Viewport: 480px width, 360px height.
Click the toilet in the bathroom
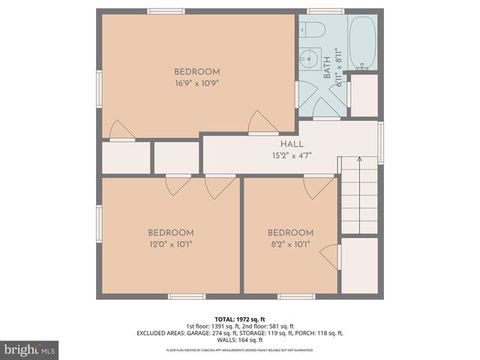313,30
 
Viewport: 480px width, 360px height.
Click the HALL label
292,145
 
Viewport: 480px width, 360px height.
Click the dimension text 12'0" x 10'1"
170,244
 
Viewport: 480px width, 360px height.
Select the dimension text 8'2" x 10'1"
290,244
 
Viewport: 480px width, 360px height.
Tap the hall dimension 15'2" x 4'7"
292,156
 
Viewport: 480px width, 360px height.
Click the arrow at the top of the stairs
358,160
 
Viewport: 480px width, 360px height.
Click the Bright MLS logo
30,349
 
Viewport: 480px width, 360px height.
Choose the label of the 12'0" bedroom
170,232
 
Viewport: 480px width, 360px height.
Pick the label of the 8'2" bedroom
290,232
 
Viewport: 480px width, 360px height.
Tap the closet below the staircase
359,265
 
